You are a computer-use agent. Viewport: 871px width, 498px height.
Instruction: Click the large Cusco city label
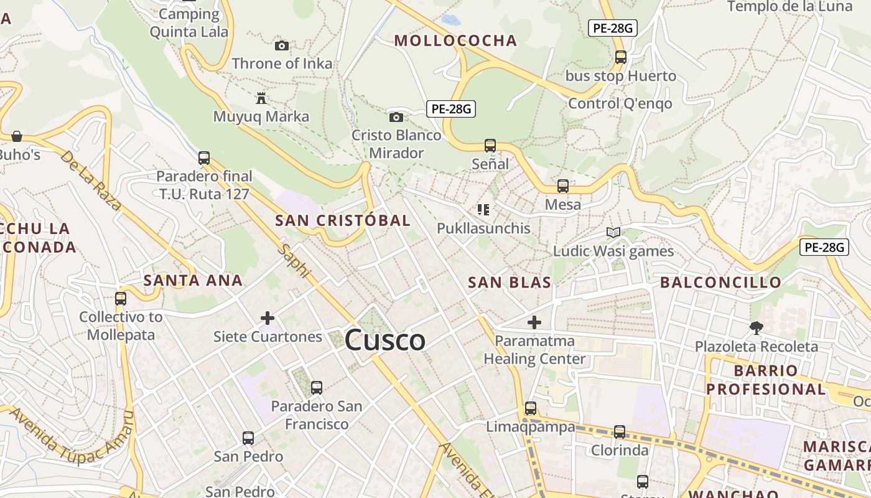pyautogui.click(x=384, y=341)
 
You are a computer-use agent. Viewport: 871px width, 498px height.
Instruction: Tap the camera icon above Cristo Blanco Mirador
pyautogui.click(x=396, y=117)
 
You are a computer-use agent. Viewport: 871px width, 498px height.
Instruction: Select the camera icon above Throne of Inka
pyautogui.click(x=282, y=45)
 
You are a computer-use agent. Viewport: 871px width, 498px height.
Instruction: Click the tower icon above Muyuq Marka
pyautogui.click(x=261, y=98)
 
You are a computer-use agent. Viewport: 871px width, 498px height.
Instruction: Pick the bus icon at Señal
pyautogui.click(x=490, y=146)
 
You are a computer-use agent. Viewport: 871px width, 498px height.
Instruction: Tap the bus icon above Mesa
pyautogui.click(x=563, y=186)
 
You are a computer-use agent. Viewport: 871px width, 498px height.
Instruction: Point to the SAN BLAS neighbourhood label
pyautogui.click(x=510, y=283)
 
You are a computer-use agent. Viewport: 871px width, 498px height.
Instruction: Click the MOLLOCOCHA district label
pyautogui.click(x=456, y=41)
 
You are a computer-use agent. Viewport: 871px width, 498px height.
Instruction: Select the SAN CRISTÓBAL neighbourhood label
pyautogui.click(x=343, y=220)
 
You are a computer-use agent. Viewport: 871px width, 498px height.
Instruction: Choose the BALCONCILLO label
pyautogui.click(x=720, y=283)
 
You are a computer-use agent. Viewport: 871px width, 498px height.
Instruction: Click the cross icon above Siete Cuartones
pyautogui.click(x=268, y=318)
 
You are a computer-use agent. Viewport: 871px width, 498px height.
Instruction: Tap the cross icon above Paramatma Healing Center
pyautogui.click(x=534, y=322)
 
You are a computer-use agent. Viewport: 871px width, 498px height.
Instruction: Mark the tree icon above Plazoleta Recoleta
pyautogui.click(x=756, y=327)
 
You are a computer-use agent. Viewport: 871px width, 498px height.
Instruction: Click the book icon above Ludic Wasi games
pyautogui.click(x=613, y=233)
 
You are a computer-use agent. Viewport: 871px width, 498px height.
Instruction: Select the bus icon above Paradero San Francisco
pyautogui.click(x=317, y=388)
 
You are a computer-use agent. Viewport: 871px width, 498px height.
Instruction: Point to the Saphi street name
pyautogui.click(x=295, y=260)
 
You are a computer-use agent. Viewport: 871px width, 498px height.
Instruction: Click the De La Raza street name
pyautogui.click(x=91, y=181)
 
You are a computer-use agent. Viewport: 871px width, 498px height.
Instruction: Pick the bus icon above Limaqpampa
pyautogui.click(x=531, y=408)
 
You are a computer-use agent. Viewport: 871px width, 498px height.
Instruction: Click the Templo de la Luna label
pyautogui.click(x=789, y=7)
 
